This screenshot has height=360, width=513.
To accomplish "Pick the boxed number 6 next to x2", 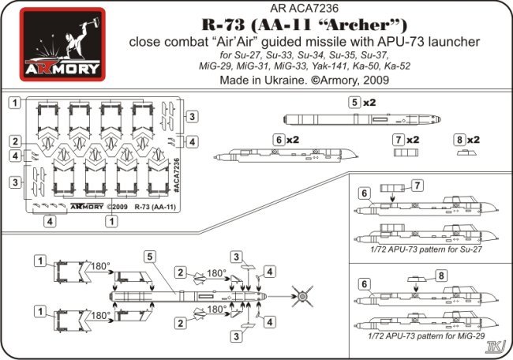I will pos(278,139).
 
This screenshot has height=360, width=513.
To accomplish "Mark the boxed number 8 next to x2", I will pos(459,139).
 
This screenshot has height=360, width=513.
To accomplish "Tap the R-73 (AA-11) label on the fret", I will pos(157,208).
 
